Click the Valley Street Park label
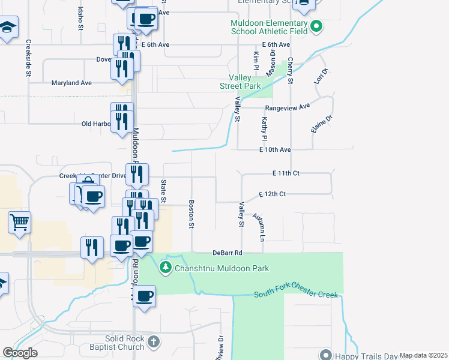click(x=244, y=82)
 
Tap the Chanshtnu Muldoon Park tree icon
click(x=166, y=268)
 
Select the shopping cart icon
click(x=19, y=222)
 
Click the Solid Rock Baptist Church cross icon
click(x=154, y=343)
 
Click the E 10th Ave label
click(x=275, y=149)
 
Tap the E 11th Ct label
click(x=285, y=173)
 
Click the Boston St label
click(x=192, y=214)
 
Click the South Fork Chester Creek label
click(x=296, y=294)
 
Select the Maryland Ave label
click(x=71, y=83)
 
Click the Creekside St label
click(x=28, y=59)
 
